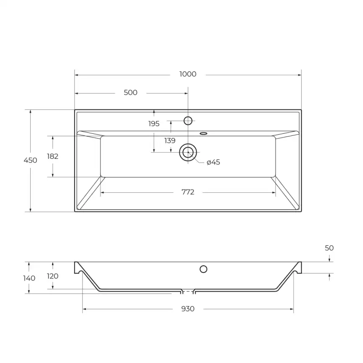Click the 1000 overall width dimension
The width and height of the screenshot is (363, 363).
click(x=187, y=74)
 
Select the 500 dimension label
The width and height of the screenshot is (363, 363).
click(x=130, y=93)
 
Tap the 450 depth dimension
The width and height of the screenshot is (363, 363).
click(x=30, y=160)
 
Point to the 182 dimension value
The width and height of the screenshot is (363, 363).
click(x=52, y=156)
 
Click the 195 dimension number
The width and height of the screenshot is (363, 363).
click(x=154, y=124)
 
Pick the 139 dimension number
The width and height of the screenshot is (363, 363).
click(x=170, y=141)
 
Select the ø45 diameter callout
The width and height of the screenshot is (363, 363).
click(x=213, y=162)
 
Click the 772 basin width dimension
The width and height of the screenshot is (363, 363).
click(x=187, y=192)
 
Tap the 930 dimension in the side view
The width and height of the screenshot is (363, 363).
click(x=187, y=309)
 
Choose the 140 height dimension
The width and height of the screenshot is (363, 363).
click(x=29, y=278)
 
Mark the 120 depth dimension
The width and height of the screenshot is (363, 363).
click(x=52, y=276)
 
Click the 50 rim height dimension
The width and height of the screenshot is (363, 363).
click(x=329, y=248)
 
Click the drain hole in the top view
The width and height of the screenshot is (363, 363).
click(x=188, y=152)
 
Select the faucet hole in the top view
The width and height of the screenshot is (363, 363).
click(x=188, y=121)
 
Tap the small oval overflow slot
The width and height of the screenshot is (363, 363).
click(x=204, y=134)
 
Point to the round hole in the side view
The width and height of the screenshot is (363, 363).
click(x=203, y=269)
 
